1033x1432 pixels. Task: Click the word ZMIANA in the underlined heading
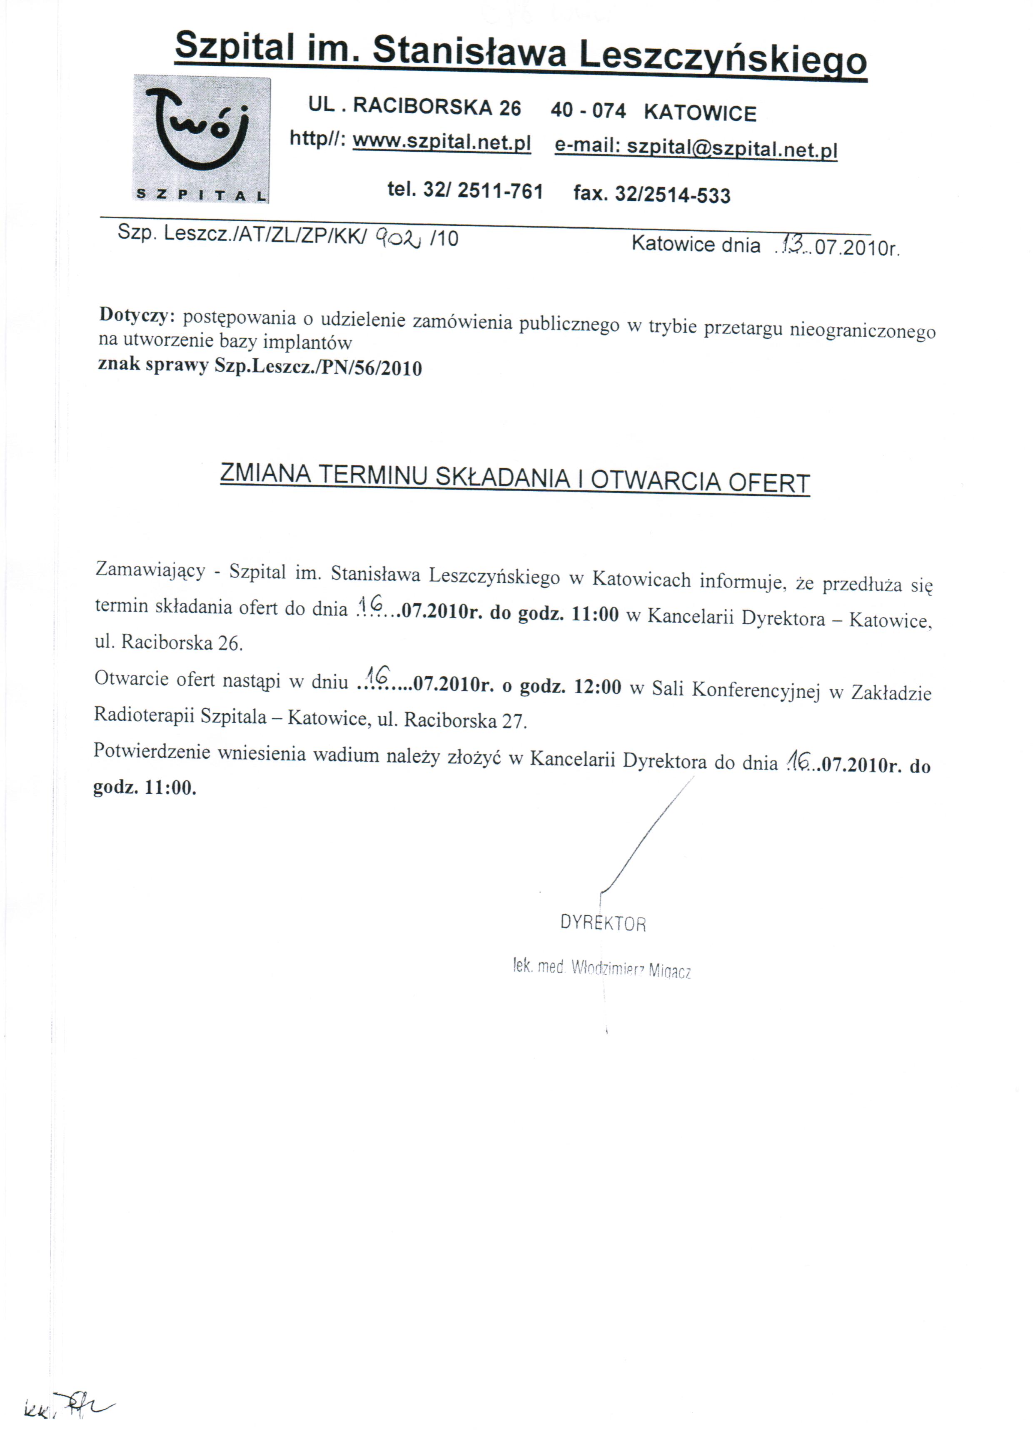coord(264,474)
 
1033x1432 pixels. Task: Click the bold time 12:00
coord(597,687)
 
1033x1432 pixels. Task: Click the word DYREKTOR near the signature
coord(603,924)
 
